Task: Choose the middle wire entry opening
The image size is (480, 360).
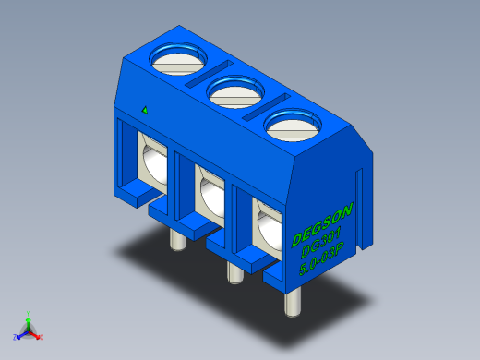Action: [210, 194]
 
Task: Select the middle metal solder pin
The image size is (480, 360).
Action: [233, 271]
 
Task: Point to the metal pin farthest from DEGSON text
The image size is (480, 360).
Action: [175, 239]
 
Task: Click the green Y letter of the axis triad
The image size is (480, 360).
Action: [30, 312]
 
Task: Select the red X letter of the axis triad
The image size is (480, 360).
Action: [42, 338]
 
